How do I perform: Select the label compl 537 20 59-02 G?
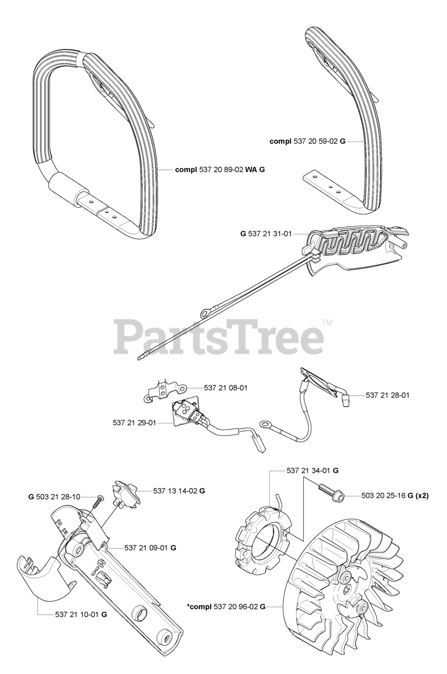(x=307, y=141)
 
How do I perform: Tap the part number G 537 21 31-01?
(x=266, y=232)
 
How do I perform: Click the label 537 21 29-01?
(x=134, y=422)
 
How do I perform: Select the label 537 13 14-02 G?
(x=179, y=490)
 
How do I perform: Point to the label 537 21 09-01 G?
(x=150, y=548)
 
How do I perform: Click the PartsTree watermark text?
(x=218, y=337)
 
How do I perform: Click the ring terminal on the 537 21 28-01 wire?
(x=266, y=422)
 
